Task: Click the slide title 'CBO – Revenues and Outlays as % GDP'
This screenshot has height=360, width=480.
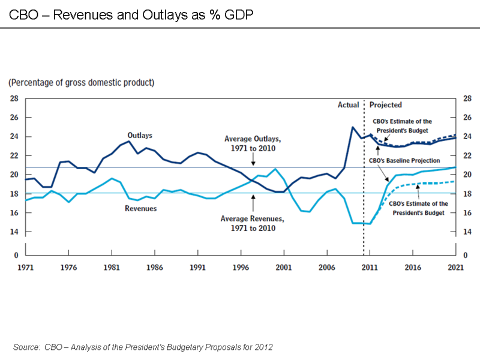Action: click(130, 14)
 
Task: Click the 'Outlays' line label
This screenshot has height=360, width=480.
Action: click(139, 136)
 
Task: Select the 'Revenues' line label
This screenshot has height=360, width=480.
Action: click(140, 208)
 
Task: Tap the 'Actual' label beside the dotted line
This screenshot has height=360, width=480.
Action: click(348, 105)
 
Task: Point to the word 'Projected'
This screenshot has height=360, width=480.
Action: click(386, 105)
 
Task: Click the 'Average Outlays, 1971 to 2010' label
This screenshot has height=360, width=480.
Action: click(253, 143)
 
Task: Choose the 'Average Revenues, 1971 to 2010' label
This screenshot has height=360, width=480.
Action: click(253, 223)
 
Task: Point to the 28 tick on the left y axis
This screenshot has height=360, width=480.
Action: click(14, 98)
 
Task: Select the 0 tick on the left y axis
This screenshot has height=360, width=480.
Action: click(16, 255)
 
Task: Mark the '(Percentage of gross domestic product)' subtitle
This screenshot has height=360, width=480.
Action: click(82, 82)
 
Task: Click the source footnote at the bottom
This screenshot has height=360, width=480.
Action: click(143, 347)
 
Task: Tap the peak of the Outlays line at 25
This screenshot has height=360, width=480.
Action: click(352, 127)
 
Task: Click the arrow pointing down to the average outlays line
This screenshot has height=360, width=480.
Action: click(253, 160)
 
